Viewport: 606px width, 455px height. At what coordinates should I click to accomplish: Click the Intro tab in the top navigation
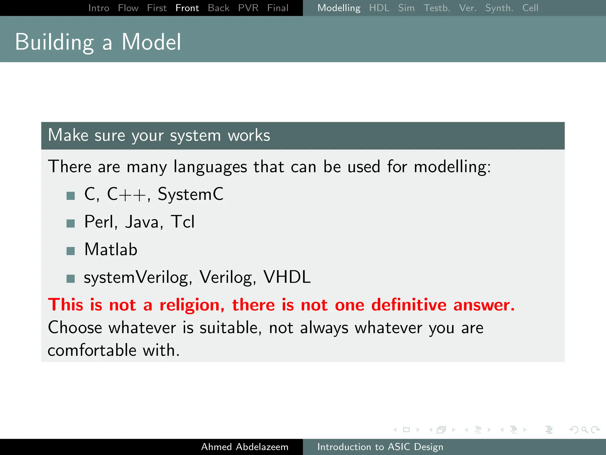(99, 8)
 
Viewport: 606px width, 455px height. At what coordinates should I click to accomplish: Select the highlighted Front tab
(187, 8)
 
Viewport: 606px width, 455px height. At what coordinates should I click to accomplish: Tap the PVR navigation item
(248, 8)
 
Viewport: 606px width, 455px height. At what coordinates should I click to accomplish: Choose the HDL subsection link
(379, 8)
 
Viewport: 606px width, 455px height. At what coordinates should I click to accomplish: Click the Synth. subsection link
(499, 8)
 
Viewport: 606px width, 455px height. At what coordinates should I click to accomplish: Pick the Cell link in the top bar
(530, 8)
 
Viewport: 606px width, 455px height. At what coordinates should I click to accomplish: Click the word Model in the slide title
(151, 42)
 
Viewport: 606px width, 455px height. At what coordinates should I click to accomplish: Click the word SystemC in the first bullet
(191, 194)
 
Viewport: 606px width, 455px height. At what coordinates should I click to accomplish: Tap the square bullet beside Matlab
(70, 251)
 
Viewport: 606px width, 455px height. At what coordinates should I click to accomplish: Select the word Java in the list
(142, 222)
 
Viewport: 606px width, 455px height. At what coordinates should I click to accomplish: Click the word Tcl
(183, 222)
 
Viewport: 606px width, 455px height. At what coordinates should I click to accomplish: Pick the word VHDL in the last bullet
(287, 277)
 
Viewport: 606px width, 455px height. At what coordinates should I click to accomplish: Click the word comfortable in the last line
(92, 350)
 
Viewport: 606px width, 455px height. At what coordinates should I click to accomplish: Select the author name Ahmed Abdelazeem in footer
(245, 447)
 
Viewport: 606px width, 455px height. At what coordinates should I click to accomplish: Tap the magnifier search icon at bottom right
(584, 430)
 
